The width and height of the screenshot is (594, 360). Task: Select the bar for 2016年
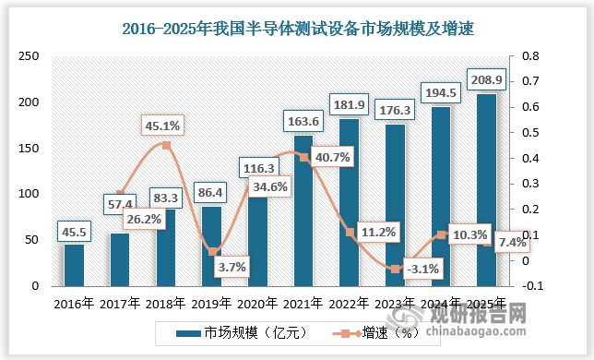click(x=74, y=265)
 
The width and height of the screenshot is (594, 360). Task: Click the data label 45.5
click(x=74, y=231)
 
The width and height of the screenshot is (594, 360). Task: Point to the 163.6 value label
click(x=303, y=122)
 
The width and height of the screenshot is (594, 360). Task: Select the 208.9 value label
click(x=486, y=80)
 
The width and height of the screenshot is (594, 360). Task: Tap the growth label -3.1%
click(x=396, y=270)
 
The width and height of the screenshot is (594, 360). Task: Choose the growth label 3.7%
click(x=211, y=268)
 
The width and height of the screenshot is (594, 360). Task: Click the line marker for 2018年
click(x=166, y=146)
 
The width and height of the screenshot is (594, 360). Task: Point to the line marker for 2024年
click(x=441, y=235)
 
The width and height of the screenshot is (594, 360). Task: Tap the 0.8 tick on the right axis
click(x=528, y=56)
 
